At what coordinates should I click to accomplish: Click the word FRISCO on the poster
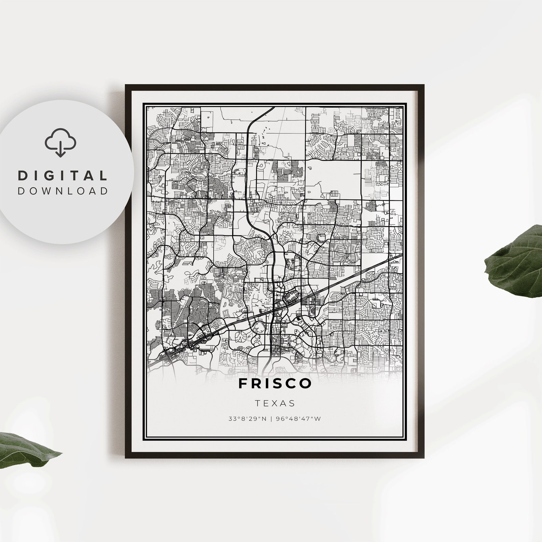275,383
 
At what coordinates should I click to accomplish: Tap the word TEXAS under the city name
275,403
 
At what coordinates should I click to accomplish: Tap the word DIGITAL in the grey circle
62,175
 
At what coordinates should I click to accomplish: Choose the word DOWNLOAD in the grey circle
62,191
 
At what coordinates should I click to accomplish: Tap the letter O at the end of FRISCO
306,383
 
